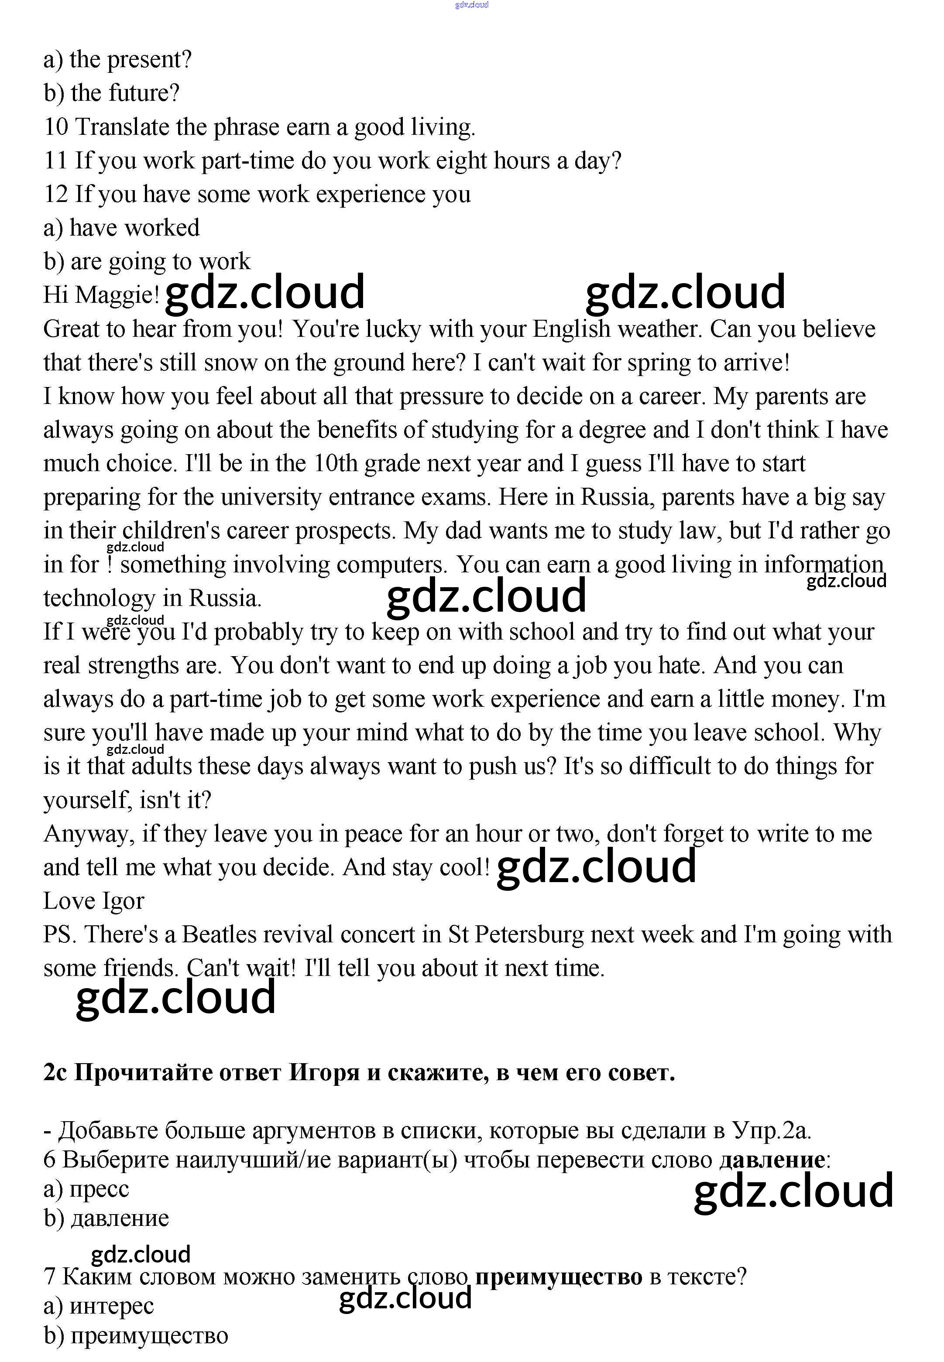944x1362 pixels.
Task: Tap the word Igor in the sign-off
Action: [x=123, y=901]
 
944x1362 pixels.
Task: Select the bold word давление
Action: [x=772, y=1160]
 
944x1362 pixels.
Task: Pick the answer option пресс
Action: [x=100, y=1189]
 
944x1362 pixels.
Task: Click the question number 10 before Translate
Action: [x=56, y=127]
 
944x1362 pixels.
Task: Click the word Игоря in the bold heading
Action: [x=323, y=1072]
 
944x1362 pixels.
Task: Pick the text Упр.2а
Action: [x=771, y=1130]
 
